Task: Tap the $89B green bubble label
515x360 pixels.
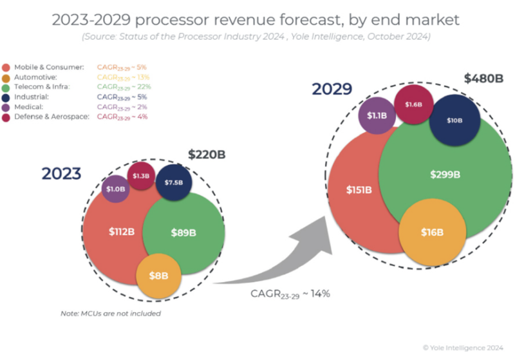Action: (x=183, y=233)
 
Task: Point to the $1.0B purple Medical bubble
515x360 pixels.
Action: (x=116, y=189)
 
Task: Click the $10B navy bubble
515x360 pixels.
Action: (x=454, y=120)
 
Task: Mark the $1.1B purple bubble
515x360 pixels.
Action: (x=376, y=116)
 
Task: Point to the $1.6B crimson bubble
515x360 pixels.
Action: (x=413, y=104)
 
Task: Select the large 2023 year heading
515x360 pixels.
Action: (x=62, y=174)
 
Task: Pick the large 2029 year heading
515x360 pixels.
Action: (x=332, y=88)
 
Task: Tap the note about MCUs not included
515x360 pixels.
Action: (x=110, y=314)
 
